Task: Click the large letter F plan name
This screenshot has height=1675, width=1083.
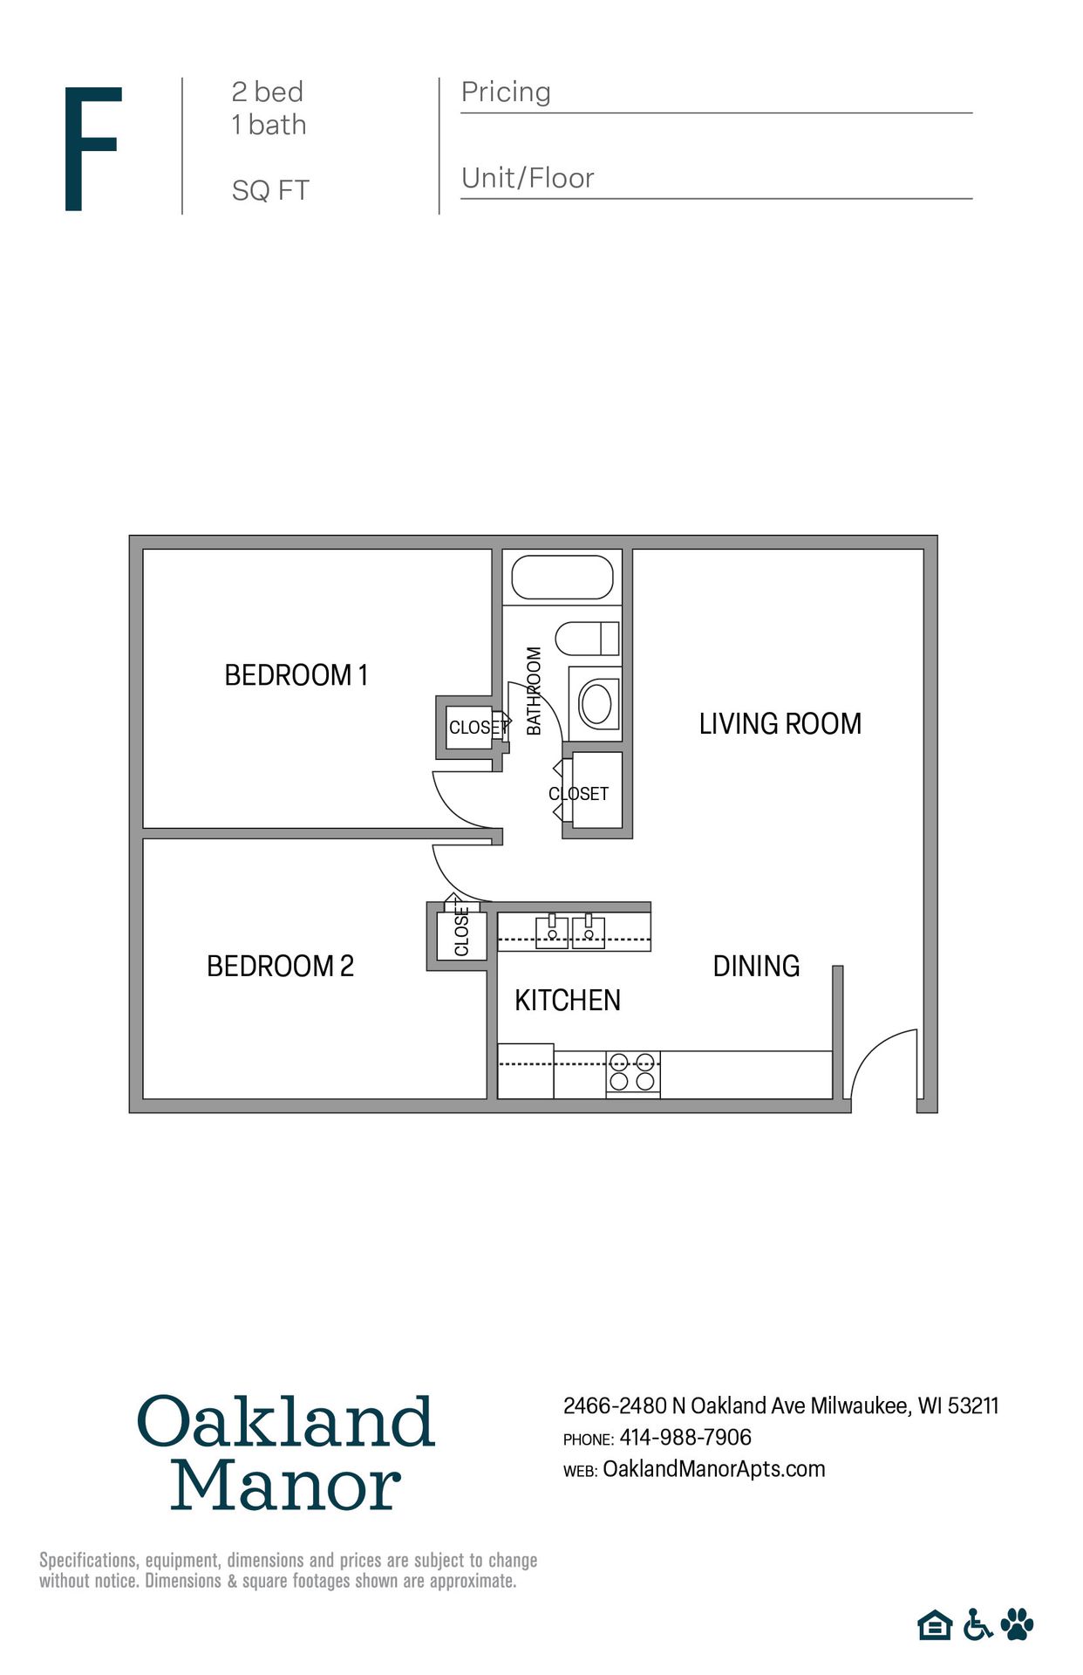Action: pos(92,148)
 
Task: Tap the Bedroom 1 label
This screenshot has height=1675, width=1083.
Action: pos(296,675)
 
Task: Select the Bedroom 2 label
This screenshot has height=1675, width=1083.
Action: pos(280,967)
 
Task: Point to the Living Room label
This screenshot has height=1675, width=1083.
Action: pos(780,724)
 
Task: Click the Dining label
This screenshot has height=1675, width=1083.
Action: pos(756,967)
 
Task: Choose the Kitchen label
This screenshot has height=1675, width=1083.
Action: pos(567,1001)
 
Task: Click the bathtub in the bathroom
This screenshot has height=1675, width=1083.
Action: pos(562,577)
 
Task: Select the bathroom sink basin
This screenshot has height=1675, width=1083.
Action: pos(596,703)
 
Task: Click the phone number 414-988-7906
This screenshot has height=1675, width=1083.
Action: pos(685,1437)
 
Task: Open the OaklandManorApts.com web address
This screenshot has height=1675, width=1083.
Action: pos(713,1469)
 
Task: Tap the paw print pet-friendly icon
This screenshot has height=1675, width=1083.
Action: pos(1017,1624)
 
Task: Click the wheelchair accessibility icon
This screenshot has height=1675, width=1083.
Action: pos(977,1625)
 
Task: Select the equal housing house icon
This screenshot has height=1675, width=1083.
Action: pos(935,1625)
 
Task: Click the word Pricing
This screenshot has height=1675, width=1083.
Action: pos(506,92)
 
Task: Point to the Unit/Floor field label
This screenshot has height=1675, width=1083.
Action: pos(528,179)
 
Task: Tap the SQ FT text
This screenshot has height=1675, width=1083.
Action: pos(270,191)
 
